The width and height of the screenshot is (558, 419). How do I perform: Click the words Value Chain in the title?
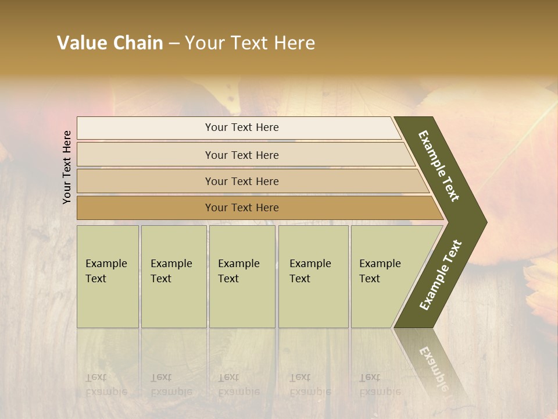110,43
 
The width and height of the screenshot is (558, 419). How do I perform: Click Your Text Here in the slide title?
250,43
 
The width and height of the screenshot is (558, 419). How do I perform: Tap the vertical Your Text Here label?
67,167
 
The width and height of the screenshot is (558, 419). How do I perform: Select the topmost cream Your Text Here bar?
241,127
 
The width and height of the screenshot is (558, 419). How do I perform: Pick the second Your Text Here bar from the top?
241,155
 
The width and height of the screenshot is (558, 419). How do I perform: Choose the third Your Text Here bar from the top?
241,181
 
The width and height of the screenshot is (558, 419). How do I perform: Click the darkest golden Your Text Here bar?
241,208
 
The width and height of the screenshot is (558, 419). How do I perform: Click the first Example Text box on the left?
108,276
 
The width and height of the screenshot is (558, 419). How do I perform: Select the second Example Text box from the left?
173,276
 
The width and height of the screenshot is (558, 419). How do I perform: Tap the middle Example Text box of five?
242,276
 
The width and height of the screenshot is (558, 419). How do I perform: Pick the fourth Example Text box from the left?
313,276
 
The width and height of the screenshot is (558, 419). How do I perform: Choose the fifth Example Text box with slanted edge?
384,276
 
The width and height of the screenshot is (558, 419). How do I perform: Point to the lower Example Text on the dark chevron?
440,275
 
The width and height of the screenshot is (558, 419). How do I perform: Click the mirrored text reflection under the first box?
106,385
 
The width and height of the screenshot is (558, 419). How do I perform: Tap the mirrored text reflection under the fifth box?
380,385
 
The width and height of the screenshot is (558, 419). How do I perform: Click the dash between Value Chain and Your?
174,44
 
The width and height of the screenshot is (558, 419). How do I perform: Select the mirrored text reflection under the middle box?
238,385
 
